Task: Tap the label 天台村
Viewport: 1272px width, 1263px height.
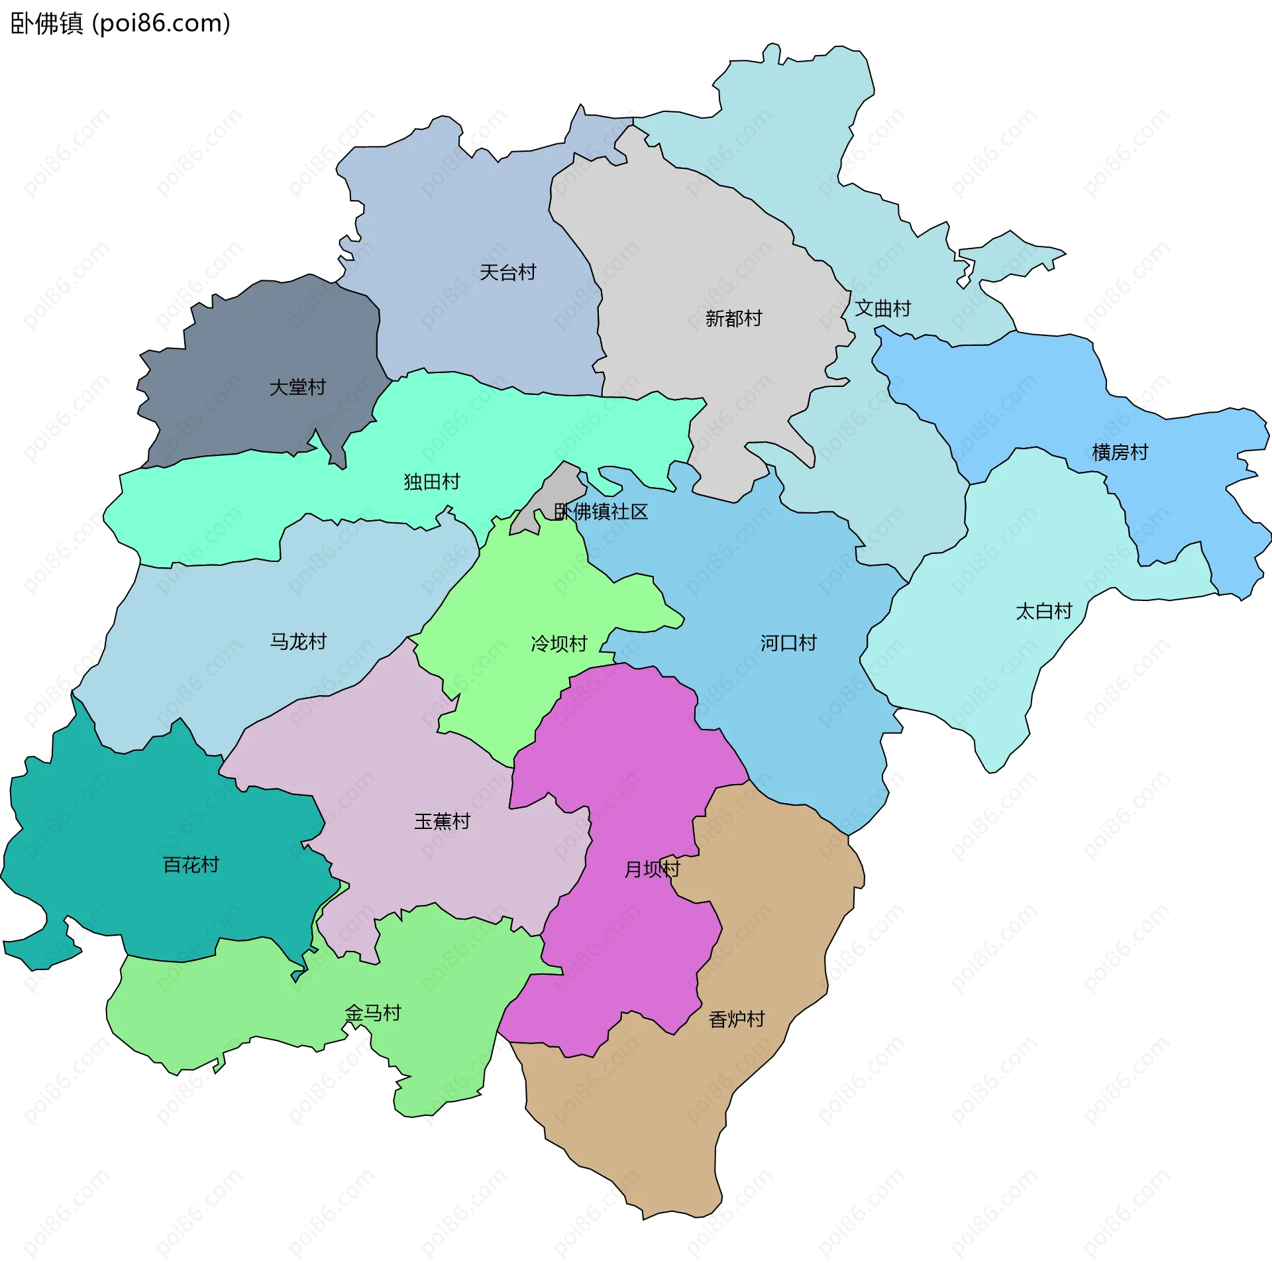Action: tap(507, 272)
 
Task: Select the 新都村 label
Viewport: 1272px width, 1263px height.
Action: tap(733, 319)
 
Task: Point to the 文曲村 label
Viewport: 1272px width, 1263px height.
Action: tap(882, 308)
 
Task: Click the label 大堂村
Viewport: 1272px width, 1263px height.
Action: tap(297, 387)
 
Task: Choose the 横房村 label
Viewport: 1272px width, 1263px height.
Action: tap(1120, 453)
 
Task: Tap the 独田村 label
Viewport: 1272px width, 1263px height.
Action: tap(432, 482)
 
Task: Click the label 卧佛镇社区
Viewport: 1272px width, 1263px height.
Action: tap(601, 512)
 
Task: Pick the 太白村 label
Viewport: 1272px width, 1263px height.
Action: tap(1044, 611)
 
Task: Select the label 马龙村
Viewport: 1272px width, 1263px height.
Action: tap(298, 641)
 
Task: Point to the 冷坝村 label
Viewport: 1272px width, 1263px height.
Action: tap(559, 643)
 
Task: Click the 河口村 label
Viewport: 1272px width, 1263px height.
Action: tap(788, 643)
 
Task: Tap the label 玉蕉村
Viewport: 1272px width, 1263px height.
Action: tap(442, 822)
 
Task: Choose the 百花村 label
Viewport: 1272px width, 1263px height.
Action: tap(191, 865)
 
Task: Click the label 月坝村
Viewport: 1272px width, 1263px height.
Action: tap(652, 869)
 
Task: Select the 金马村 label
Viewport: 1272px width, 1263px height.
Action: tap(373, 1013)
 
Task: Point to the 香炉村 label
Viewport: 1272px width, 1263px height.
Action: tap(737, 1019)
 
